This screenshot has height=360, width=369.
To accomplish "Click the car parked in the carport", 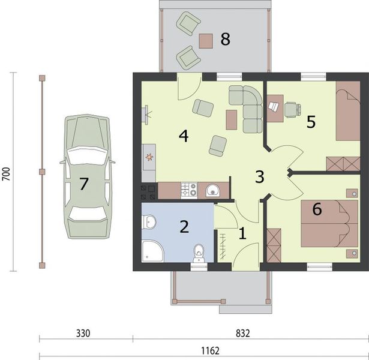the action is pos(88,176).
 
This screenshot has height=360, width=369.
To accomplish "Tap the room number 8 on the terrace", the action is pos(225,39).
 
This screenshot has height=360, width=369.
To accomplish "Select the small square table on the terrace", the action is pos(206,41).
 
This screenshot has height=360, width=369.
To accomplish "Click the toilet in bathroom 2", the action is pos(199,253).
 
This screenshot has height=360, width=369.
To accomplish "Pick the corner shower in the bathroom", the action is pos(152,251).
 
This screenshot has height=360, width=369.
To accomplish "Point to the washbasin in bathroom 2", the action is pos(149,221).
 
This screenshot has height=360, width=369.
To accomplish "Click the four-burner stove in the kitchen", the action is pos(189,190).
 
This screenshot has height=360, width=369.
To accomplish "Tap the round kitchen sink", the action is pos(213,190).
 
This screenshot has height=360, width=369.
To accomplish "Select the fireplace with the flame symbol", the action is pos(149,157).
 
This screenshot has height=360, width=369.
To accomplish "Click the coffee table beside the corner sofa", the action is pos(232,120).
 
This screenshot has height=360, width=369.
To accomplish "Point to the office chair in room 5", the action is pos(293,110).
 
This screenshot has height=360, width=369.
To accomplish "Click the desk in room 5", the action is pos(275,109).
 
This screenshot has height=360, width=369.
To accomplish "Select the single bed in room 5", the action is pos(348,111).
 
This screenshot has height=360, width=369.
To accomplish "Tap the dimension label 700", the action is pos(7,174).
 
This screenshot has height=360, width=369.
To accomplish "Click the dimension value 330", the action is pos(83,334).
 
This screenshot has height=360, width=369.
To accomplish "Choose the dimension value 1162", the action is pos(210,351).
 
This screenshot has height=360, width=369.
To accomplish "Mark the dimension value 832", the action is pos(242,334).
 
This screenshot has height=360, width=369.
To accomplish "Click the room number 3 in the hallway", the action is pos(260,177).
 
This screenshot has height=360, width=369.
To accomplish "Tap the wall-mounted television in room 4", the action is pos(146,114).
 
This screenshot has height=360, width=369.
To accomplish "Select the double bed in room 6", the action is pos(329,224).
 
